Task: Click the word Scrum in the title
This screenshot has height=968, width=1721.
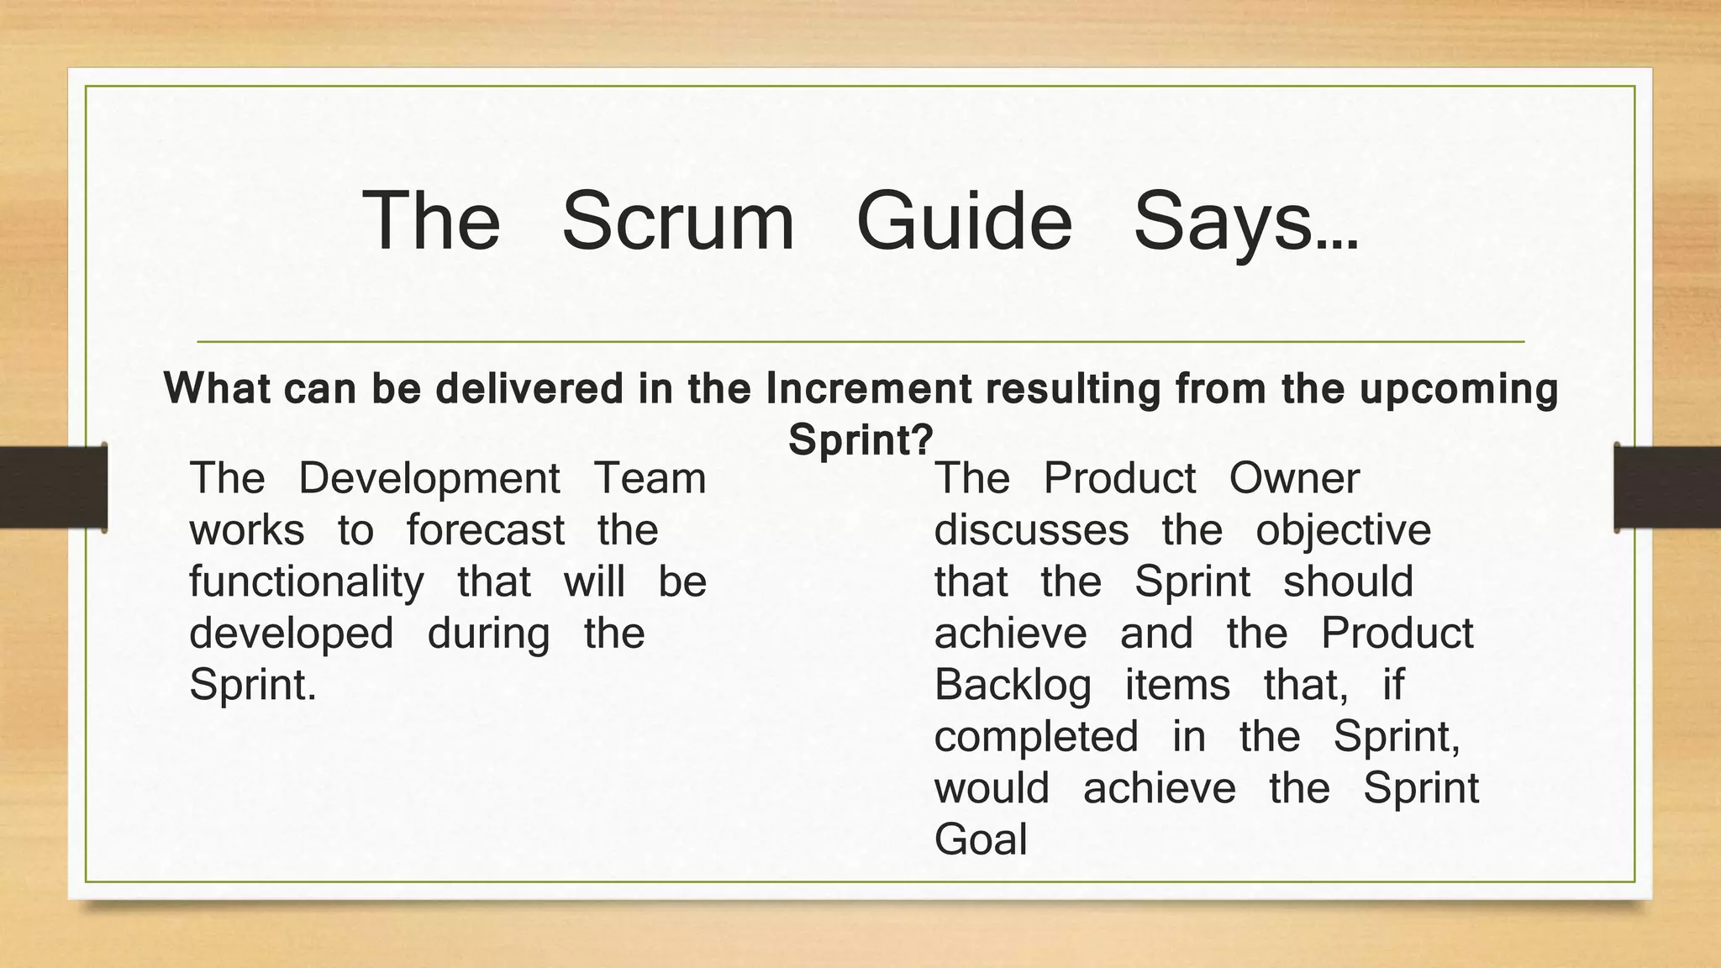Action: pyautogui.click(x=677, y=221)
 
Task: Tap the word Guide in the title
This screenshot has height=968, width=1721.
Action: pyautogui.click(x=964, y=221)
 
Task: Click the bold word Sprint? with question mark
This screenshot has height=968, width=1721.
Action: pyautogui.click(x=860, y=439)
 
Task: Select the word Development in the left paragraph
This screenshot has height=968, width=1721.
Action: pyautogui.click(x=429, y=480)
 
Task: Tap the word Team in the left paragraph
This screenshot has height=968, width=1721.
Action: pyautogui.click(x=650, y=478)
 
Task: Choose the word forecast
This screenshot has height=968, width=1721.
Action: pyautogui.click(x=485, y=530)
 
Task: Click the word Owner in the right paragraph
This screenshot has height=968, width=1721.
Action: pyautogui.click(x=1293, y=478)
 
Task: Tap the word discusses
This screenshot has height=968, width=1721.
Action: pyautogui.click(x=1031, y=530)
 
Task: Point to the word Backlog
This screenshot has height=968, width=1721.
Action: pyautogui.click(x=1013, y=686)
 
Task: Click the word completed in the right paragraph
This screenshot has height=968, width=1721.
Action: pyautogui.click(x=1036, y=738)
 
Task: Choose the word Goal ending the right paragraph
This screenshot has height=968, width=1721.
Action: pyautogui.click(x=981, y=839)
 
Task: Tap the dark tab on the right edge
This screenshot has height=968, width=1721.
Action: pyautogui.click(x=1667, y=487)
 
